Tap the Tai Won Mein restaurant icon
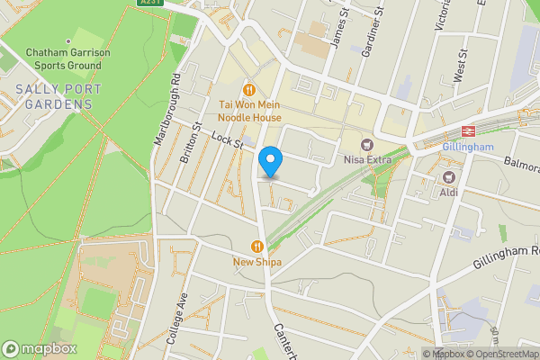(x=247, y=90)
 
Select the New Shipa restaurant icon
(x=257, y=246)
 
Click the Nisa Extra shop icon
(x=366, y=145)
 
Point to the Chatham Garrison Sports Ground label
(x=67, y=59)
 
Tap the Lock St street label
(x=228, y=139)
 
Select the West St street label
(x=460, y=68)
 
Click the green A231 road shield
(x=150, y=3)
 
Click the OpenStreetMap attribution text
(x=501, y=354)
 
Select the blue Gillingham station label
(x=468, y=147)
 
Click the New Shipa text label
(x=257, y=263)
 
